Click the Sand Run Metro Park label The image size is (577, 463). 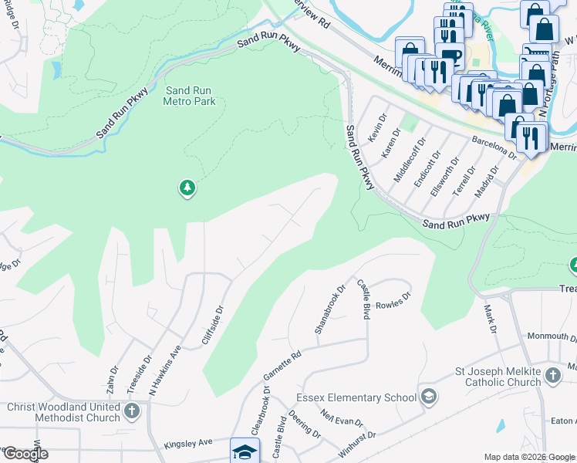(x=189, y=96)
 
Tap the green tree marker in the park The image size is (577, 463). (x=187, y=188)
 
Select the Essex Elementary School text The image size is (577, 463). (x=356, y=397)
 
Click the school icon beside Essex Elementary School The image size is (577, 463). (x=429, y=397)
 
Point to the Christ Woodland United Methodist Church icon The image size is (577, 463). (x=132, y=410)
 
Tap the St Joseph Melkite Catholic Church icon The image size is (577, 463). (x=552, y=376)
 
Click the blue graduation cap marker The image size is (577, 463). (x=243, y=451)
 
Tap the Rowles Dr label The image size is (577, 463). (x=393, y=299)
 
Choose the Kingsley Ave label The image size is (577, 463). (x=187, y=445)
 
